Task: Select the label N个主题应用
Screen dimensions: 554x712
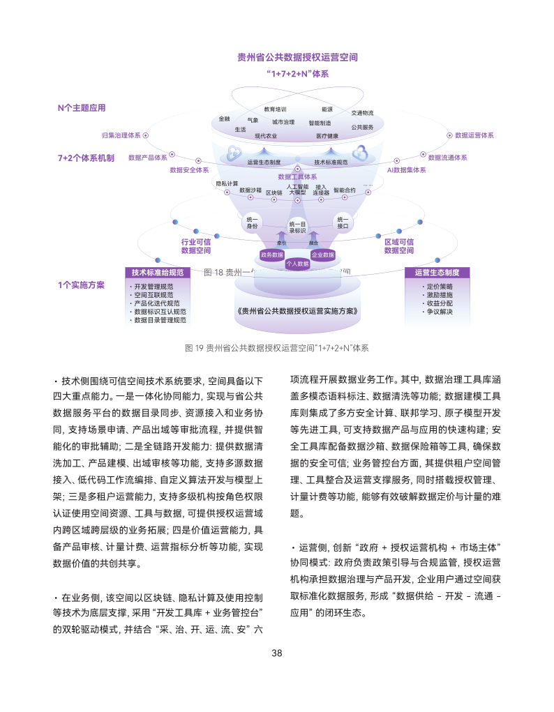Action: click(x=82, y=108)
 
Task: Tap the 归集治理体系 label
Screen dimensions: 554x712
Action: click(x=121, y=135)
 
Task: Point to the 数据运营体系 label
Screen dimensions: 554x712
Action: click(x=474, y=135)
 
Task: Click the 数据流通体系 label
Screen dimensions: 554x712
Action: click(x=447, y=158)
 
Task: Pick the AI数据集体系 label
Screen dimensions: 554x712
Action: click(x=407, y=169)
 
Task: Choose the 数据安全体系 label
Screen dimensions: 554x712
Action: click(x=189, y=169)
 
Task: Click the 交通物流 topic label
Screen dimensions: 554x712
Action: click(x=362, y=113)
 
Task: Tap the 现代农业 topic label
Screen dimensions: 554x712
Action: click(x=265, y=135)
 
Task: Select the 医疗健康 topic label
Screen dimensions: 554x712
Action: click(x=327, y=135)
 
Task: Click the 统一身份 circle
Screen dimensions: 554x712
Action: click(x=252, y=222)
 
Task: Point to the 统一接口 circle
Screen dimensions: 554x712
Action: click(x=343, y=222)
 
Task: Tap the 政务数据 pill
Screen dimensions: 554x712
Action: click(x=271, y=255)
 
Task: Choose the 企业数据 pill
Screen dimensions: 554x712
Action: click(x=322, y=255)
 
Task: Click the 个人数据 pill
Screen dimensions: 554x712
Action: click(x=297, y=264)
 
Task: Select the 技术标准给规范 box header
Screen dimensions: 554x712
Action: click(x=158, y=273)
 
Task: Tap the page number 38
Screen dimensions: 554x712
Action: click(x=277, y=653)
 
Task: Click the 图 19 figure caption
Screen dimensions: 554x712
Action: click(x=277, y=347)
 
